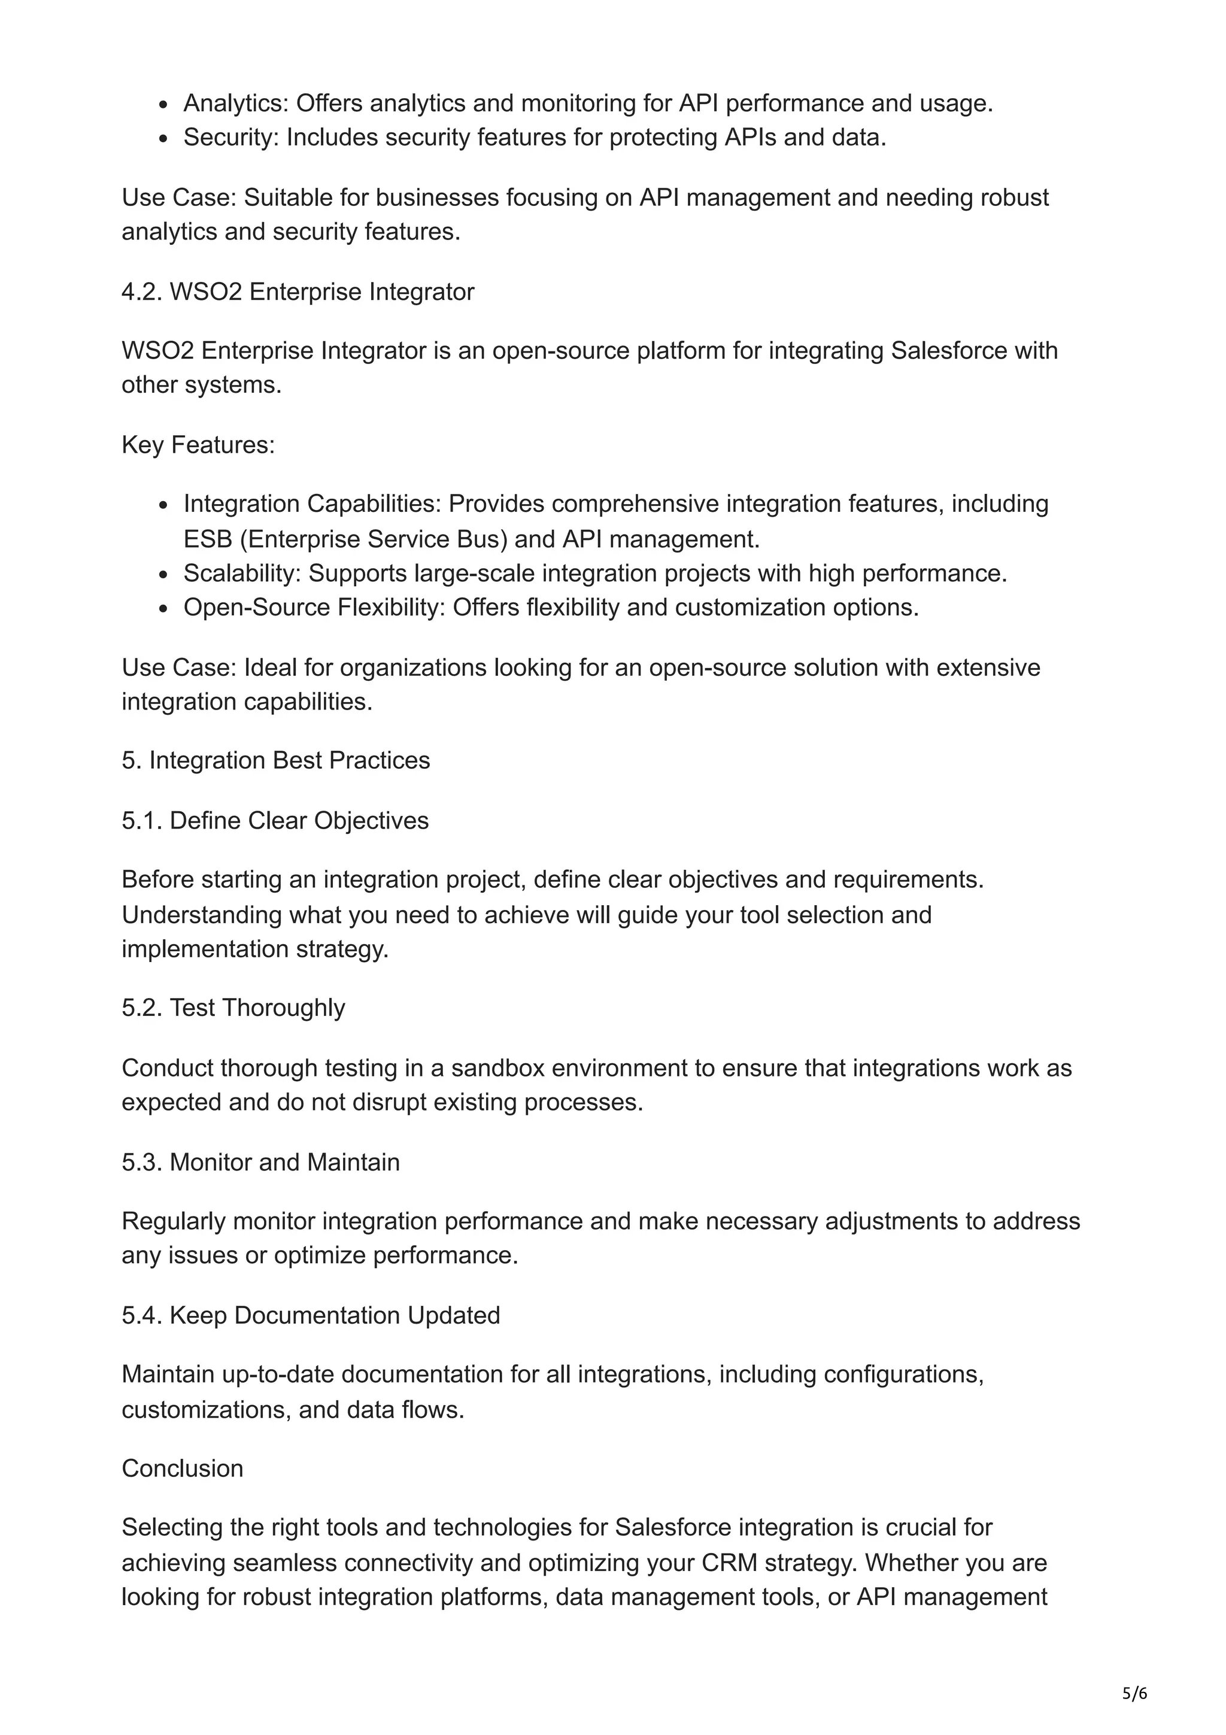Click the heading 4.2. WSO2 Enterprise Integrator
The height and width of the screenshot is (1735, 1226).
pyautogui.click(x=298, y=292)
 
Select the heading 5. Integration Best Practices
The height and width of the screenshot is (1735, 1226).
pyautogui.click(x=276, y=760)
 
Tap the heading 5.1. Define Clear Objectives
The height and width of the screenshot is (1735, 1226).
pyautogui.click(x=275, y=821)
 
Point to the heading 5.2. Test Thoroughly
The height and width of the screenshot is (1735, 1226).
pyautogui.click(x=233, y=1008)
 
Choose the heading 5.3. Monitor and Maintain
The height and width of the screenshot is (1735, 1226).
pyautogui.click(x=260, y=1162)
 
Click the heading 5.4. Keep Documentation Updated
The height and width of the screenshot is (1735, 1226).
pyautogui.click(x=311, y=1315)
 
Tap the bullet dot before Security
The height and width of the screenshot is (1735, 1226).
pyautogui.click(x=163, y=139)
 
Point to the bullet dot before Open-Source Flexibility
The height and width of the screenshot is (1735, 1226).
pyautogui.click(x=163, y=609)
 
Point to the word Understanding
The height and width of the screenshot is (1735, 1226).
pyautogui.click(x=201, y=915)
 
